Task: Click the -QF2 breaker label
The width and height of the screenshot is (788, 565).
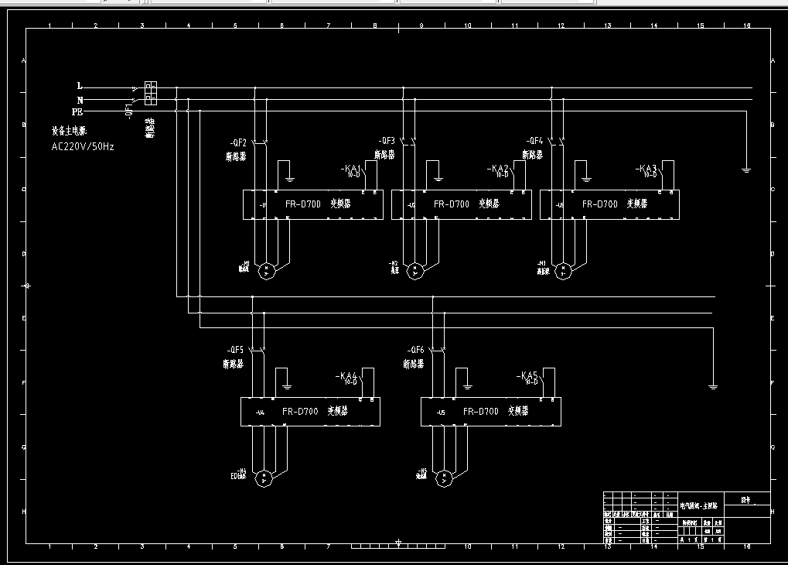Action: click(x=237, y=143)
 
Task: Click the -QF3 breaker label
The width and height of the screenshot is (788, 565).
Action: click(x=387, y=141)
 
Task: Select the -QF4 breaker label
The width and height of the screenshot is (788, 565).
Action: click(x=534, y=141)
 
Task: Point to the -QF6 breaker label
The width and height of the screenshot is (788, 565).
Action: click(x=415, y=349)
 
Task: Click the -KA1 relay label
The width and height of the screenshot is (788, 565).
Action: click(x=352, y=169)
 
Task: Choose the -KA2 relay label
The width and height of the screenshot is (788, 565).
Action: click(x=499, y=169)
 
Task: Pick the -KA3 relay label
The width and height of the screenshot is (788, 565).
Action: click(x=646, y=169)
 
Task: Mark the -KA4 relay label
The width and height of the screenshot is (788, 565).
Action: click(x=347, y=376)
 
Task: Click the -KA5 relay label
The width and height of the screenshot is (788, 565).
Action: click(x=527, y=376)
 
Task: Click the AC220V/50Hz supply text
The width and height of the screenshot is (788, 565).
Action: click(x=83, y=146)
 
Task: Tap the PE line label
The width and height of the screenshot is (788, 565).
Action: click(x=77, y=112)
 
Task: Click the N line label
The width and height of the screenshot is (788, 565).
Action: click(x=80, y=100)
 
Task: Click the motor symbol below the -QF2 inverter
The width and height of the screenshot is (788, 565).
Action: click(x=266, y=270)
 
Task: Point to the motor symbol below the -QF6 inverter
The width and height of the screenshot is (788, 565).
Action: click(x=444, y=478)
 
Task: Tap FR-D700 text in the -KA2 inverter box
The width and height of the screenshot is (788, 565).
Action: click(x=451, y=204)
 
